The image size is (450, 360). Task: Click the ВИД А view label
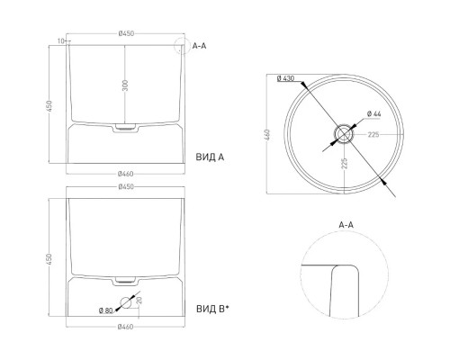pyautogui.click(x=210, y=157)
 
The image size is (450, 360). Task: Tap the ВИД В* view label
pyautogui.click(x=212, y=309)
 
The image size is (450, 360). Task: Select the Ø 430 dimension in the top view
pyautogui.click(x=285, y=78)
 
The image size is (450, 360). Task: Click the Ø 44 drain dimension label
pyautogui.click(x=373, y=114)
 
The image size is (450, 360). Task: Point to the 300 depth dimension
pyautogui.click(x=125, y=85)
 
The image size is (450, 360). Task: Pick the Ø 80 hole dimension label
pyautogui.click(x=105, y=310)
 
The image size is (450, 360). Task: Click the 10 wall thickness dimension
pyautogui.click(x=61, y=41)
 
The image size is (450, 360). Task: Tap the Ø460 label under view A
pyautogui.click(x=125, y=174)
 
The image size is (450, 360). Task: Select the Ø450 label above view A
pyautogui.click(x=126, y=33)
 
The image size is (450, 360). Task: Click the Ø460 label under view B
pyautogui.click(x=125, y=327)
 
